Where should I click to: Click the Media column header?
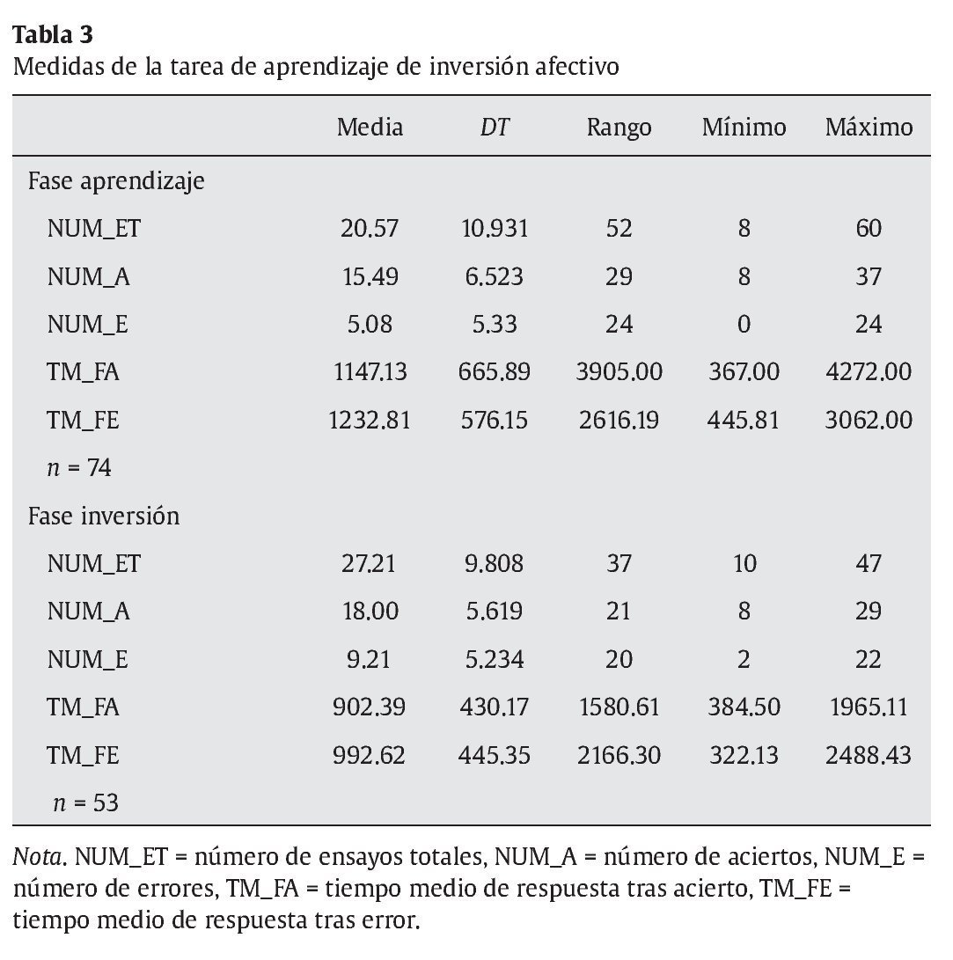[x=370, y=127]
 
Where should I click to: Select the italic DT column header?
[x=495, y=128]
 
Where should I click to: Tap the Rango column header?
[x=619, y=128]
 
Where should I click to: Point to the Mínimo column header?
[x=744, y=127]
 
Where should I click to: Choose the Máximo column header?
[x=869, y=127]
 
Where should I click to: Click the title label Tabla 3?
[x=53, y=35]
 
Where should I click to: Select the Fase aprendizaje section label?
[x=116, y=181]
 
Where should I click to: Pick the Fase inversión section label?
[x=104, y=516]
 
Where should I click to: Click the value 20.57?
[x=370, y=229]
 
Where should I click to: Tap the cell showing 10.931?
[x=495, y=229]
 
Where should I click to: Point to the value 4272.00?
[x=869, y=372]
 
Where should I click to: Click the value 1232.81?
[x=370, y=421]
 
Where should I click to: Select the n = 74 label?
[x=78, y=468]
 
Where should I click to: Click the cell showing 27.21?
[x=370, y=563]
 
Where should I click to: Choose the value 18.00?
[x=370, y=612]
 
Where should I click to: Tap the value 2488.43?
[x=869, y=755]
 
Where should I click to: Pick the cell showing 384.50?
[x=744, y=707]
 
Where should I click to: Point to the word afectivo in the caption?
[x=577, y=68]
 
